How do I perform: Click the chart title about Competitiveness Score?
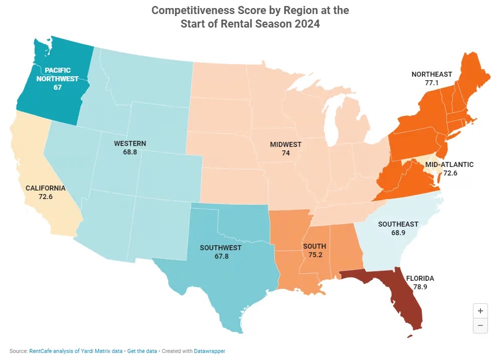pyautogui.click(x=250, y=17)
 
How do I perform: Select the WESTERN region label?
pyautogui.click(x=130, y=143)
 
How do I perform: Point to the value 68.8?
pyautogui.click(x=130, y=151)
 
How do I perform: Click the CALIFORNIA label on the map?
pyautogui.click(x=46, y=188)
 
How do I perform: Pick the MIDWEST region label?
pyautogui.click(x=286, y=144)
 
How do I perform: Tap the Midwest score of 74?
pyautogui.click(x=286, y=153)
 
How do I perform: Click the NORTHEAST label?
pyautogui.click(x=432, y=74)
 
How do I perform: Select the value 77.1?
pyautogui.click(x=432, y=83)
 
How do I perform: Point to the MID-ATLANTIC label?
pyautogui.click(x=449, y=164)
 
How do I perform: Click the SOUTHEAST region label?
pyautogui.click(x=398, y=224)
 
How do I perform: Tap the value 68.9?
pyautogui.click(x=398, y=232)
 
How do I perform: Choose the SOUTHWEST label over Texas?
pyautogui.click(x=221, y=248)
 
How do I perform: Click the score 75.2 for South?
pyautogui.click(x=314, y=254)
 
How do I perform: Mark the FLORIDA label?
pyautogui.click(x=420, y=278)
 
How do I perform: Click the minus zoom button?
pyautogui.click(x=480, y=325)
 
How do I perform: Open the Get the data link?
pyautogui.click(x=142, y=351)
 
